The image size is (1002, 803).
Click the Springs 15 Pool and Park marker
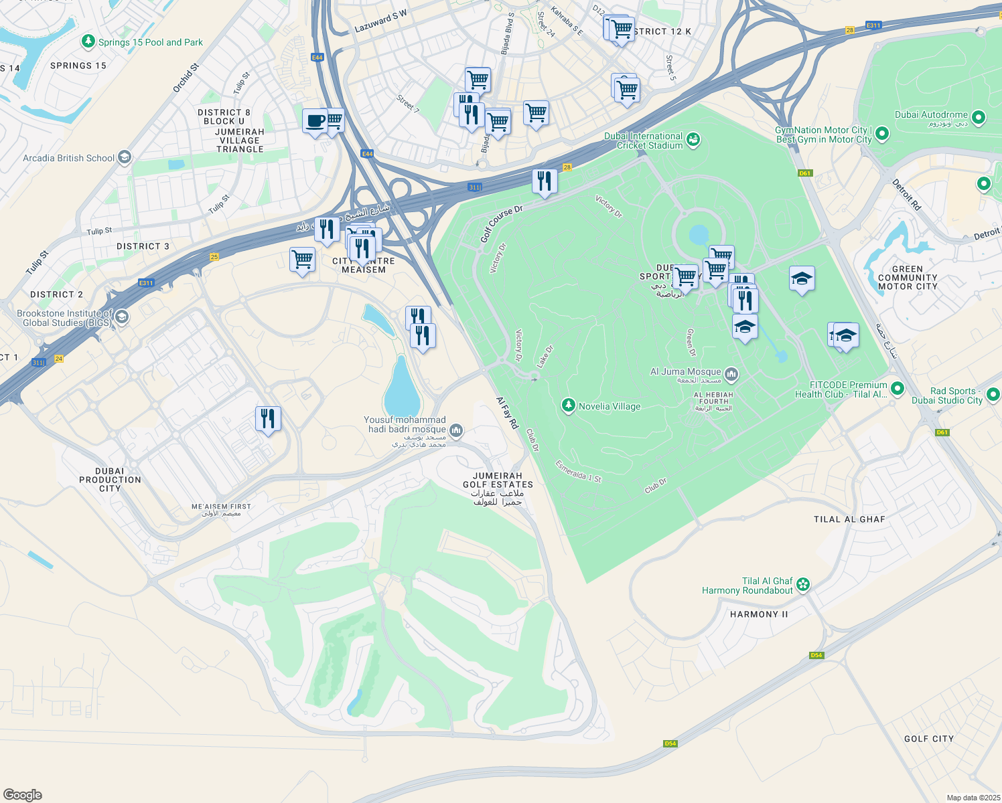88,42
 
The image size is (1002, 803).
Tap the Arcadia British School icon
124,158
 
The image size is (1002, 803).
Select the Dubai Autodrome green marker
978,118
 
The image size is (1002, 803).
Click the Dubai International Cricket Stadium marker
693,140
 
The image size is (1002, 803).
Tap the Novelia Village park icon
569,406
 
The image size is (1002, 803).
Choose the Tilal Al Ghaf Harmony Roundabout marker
803,586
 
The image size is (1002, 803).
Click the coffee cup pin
314,121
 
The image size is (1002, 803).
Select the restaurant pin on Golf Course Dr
545,181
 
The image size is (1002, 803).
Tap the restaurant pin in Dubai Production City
268,419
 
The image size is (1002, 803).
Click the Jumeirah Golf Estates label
498,480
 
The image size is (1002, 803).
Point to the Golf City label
928,739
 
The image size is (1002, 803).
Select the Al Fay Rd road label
507,413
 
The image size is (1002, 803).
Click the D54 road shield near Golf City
816,655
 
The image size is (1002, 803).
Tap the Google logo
23,794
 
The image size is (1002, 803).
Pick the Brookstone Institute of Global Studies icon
121,317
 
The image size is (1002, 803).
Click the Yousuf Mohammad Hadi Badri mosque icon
455,430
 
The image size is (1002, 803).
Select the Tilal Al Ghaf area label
849,519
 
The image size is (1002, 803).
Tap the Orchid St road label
186,78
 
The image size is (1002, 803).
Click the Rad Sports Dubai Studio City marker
993,395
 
